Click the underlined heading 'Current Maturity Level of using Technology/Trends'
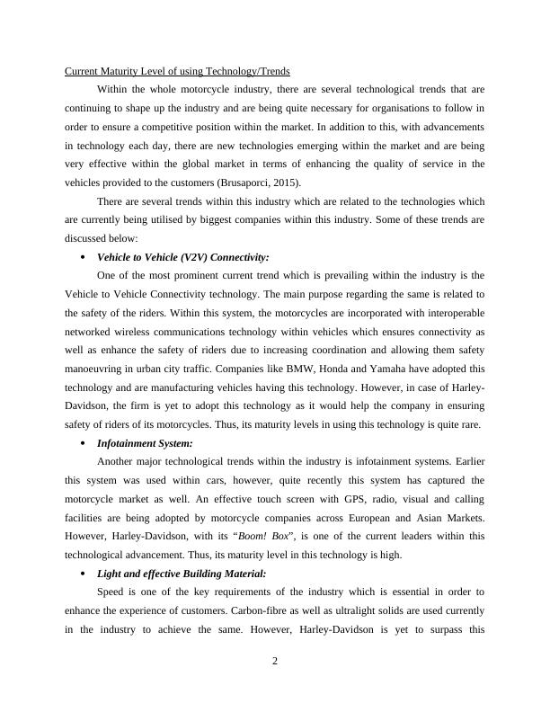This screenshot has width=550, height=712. (177, 71)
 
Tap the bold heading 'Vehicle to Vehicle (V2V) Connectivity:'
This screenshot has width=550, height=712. (182, 256)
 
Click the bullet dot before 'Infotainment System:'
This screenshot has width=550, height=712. (83, 443)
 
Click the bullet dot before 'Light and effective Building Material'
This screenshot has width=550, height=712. (83, 574)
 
